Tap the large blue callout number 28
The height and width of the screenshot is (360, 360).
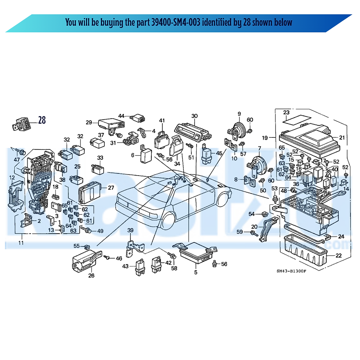(x=42, y=120)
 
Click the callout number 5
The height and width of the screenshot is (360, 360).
(x=195, y=273)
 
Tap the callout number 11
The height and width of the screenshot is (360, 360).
(x=21, y=243)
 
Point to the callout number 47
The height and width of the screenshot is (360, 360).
(x=17, y=159)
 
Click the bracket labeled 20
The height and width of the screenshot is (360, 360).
(x=267, y=228)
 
